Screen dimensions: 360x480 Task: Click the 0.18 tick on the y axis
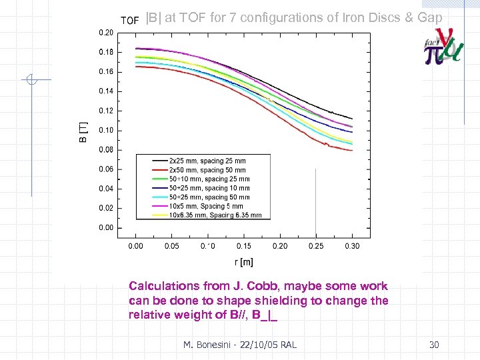(105, 52)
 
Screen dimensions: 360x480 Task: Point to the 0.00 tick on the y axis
(105, 228)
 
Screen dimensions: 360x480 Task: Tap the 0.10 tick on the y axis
(105, 130)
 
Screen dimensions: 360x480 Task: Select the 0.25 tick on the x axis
(316, 246)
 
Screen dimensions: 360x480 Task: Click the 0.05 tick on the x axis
(171, 246)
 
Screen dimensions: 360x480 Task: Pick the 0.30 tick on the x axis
(352, 246)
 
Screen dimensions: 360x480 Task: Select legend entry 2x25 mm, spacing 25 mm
(207, 161)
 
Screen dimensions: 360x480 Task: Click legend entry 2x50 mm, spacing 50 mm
(207, 170)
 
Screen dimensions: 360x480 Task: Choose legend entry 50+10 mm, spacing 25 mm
(209, 179)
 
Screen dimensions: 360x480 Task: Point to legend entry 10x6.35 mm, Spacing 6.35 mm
(215, 215)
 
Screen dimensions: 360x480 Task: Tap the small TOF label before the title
(129, 21)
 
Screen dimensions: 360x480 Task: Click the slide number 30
(434, 345)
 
